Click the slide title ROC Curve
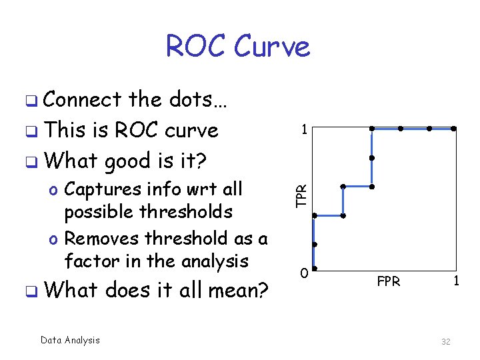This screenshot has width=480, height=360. (237, 47)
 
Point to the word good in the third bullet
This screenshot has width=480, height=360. (133, 161)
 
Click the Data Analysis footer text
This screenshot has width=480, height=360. (70, 340)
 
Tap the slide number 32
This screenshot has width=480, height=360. (445, 341)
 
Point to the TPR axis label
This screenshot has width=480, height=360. (302, 194)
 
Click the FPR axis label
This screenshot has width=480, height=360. (388, 281)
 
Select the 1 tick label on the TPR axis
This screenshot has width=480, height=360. (303, 130)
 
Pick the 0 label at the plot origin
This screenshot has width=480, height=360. (303, 273)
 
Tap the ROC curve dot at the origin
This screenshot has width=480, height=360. (315, 269)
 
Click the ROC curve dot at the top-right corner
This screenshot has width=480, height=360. (453, 128)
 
